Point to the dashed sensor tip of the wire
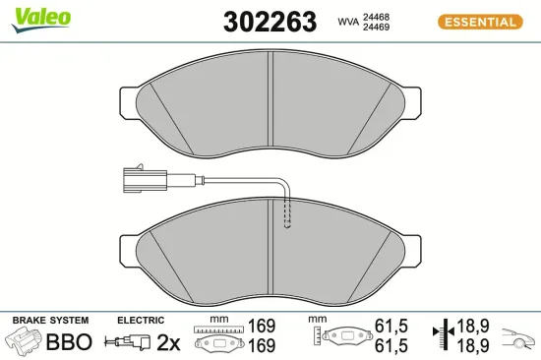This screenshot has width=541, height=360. [287, 213]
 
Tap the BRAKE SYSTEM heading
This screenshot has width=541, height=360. [50, 321]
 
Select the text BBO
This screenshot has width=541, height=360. [70, 342]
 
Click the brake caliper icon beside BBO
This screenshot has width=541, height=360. [26, 342]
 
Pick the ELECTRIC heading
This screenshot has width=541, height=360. [140, 321]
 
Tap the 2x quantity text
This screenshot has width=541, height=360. [168, 342]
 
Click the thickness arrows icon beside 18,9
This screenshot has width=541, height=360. [444, 334]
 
